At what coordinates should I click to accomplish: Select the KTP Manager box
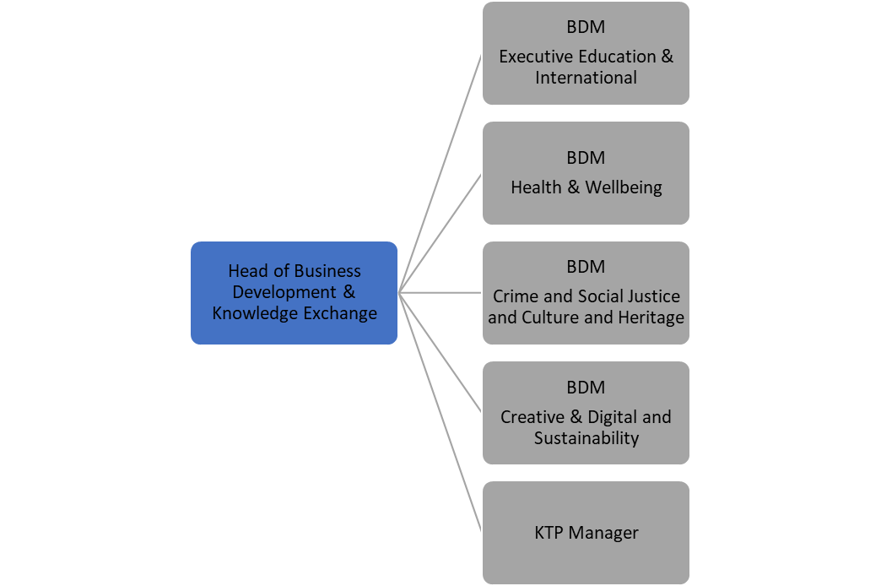click(586, 533)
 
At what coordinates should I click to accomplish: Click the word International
click(586, 78)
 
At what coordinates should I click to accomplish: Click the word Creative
click(532, 417)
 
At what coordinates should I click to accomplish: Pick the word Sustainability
click(586, 438)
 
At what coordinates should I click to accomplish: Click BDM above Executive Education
click(586, 27)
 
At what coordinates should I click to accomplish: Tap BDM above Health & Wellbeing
click(586, 158)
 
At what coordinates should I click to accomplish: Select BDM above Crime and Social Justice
click(586, 267)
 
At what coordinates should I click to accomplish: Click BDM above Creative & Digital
click(586, 388)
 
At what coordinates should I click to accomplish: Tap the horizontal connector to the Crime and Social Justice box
click(440, 293)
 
